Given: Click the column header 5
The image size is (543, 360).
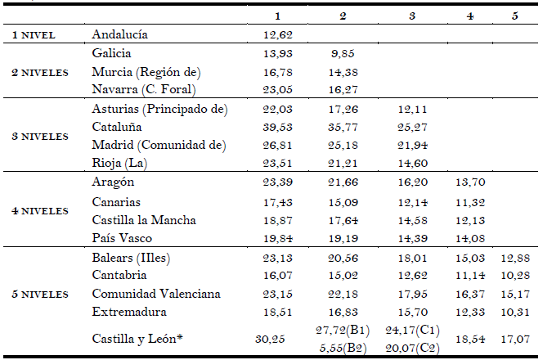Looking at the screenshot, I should tap(514, 16).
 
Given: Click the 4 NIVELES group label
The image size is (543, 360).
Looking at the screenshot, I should tap(38, 211).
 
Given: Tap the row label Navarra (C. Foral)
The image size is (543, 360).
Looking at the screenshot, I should tap(144, 91).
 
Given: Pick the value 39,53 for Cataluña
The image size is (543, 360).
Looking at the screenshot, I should tap(279, 128).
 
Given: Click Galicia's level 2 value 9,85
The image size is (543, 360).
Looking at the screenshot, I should tap(343, 53).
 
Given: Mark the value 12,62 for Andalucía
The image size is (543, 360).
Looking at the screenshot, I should tap(279, 35).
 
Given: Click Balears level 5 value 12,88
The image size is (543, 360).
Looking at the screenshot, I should tap(515, 258).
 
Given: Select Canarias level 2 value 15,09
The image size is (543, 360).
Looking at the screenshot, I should tap(343, 202).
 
